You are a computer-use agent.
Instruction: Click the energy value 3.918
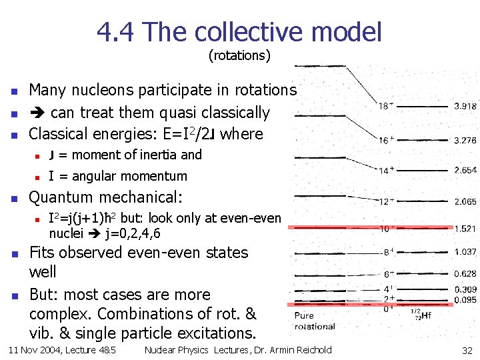(465, 106)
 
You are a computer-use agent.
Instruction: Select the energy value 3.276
(465, 141)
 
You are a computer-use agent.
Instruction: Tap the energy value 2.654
(465, 171)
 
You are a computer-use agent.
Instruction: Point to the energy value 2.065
(465, 201)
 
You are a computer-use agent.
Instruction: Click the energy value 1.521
(465, 229)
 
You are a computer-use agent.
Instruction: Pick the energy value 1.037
(465, 252)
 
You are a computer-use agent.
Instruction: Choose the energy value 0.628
(465, 274)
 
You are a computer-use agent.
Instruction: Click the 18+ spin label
(386, 106)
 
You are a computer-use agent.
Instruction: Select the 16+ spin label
(386, 141)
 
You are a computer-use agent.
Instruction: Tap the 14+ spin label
(386, 171)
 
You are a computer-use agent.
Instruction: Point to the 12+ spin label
(386, 201)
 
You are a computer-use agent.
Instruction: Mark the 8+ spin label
(388, 252)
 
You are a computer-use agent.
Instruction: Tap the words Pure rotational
(314, 321)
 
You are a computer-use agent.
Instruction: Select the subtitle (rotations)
(239, 55)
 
